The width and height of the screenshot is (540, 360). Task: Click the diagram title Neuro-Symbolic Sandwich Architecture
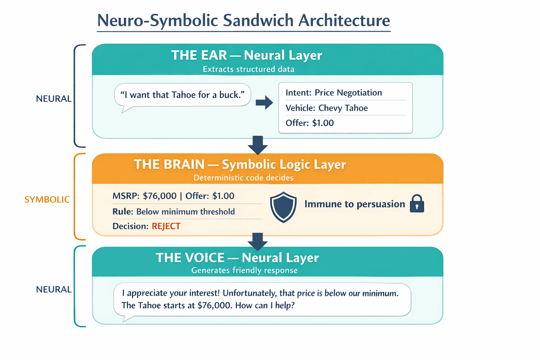coord(243,20)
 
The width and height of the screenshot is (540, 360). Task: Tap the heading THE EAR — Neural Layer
coord(246,55)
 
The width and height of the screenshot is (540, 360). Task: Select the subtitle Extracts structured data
coord(248,69)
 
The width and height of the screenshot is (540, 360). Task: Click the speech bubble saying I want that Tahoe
coord(182,95)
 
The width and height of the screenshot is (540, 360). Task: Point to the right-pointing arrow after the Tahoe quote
coord(264,103)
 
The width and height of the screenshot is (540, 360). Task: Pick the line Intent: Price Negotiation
coord(333,93)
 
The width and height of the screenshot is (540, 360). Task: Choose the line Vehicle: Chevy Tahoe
coord(326,108)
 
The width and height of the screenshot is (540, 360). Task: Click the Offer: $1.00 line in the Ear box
coord(309,123)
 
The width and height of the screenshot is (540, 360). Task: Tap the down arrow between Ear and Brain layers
coord(258,144)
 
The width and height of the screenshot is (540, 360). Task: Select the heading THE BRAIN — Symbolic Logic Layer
coord(240,165)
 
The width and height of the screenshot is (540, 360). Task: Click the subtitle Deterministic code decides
coord(243,178)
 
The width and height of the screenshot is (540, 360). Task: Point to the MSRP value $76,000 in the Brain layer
coord(160,196)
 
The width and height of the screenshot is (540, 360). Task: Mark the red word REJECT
coord(166,226)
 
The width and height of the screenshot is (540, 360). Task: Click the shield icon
coord(283,207)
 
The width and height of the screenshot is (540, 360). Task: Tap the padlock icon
coord(417,204)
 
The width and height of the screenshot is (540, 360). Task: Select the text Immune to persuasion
coord(354,204)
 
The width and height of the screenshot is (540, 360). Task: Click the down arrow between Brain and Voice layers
coord(258,241)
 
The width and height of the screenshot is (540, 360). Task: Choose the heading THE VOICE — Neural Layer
coord(237,258)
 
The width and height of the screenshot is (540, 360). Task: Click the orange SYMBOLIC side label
coord(47,200)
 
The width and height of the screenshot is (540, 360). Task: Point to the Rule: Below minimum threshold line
coord(173,212)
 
